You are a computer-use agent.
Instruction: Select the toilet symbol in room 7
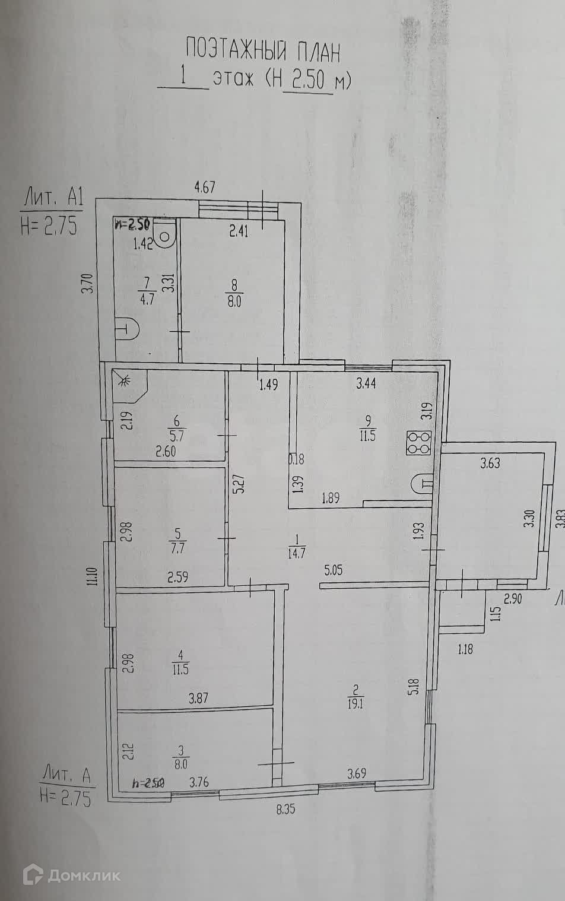[166, 233]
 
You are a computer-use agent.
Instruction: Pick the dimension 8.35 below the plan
[285, 808]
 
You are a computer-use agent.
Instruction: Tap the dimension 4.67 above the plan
[205, 188]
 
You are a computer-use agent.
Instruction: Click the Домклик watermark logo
[71, 875]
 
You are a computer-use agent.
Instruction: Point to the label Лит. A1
[52, 195]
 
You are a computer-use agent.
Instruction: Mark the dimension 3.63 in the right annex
[490, 463]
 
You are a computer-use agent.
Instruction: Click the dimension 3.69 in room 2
[357, 773]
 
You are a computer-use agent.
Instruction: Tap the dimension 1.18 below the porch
[465, 649]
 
